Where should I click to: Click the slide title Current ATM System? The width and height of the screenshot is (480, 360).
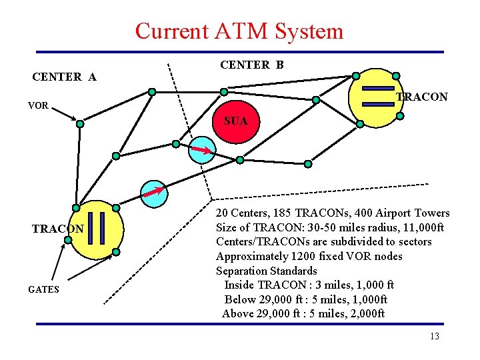click(239, 31)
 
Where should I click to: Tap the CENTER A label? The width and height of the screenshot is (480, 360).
click(64, 77)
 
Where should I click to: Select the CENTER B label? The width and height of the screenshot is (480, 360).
click(251, 65)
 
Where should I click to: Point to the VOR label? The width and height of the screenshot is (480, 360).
click(38, 105)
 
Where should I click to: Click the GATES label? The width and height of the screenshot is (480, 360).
click(43, 289)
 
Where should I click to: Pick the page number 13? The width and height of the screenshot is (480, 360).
click(434, 336)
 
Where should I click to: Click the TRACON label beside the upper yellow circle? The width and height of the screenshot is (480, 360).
click(421, 97)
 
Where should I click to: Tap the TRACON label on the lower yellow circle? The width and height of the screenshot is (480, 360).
click(58, 229)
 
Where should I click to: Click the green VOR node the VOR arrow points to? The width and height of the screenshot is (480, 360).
click(80, 123)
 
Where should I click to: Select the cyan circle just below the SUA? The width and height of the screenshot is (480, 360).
click(201, 149)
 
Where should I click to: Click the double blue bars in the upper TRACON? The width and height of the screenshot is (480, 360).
click(377, 96)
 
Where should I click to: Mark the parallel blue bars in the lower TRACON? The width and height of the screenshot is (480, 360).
click(97, 229)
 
